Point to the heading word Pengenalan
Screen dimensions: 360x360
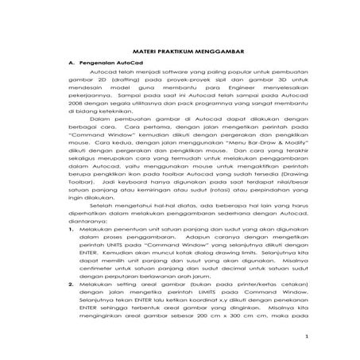click(x=98, y=61)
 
